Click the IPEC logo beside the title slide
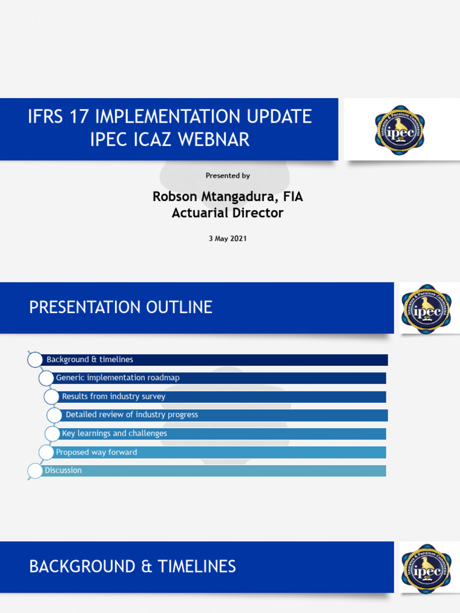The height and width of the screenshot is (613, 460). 400,130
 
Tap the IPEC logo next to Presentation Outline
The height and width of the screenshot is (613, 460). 426,308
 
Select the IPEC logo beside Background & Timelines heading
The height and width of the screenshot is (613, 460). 426,568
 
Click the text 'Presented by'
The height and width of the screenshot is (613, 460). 228,175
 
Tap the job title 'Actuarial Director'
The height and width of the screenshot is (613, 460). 228,213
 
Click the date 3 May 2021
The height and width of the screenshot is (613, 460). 228,238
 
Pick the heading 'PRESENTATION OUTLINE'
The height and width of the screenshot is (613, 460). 120,308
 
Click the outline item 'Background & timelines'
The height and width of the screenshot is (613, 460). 90,360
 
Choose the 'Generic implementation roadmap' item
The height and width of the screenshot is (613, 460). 117,378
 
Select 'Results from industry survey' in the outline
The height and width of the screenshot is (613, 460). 114,396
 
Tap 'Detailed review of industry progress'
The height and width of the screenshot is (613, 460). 132,415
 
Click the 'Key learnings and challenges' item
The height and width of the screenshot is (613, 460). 114,433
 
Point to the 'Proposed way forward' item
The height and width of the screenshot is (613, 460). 96,452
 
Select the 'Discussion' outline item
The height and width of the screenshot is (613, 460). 63,471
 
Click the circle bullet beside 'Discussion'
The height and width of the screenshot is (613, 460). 35,471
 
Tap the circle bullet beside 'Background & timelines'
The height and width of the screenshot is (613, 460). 35,360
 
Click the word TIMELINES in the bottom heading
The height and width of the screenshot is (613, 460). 196,566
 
